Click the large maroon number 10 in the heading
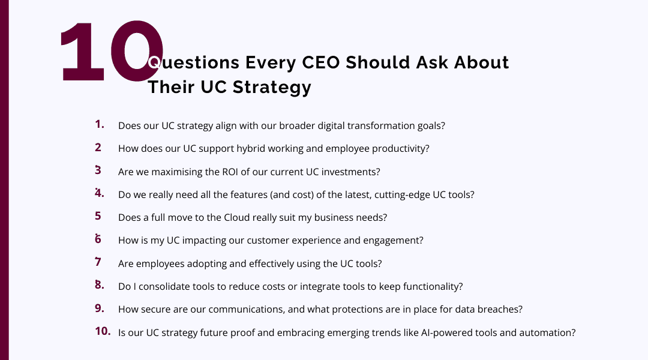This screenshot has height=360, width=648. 111,52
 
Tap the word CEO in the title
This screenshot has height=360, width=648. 319,62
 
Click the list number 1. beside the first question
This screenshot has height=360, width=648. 100,125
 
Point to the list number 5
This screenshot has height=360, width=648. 98,216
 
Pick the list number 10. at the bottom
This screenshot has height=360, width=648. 103,331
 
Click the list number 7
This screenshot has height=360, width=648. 98,262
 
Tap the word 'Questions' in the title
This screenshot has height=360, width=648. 193,62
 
